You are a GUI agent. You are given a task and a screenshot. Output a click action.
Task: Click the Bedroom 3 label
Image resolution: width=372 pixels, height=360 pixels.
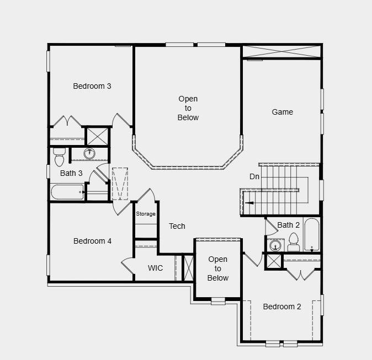[x=92, y=86]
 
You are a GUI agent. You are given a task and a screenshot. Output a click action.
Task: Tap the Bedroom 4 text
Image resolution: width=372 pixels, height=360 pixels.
[x=92, y=241]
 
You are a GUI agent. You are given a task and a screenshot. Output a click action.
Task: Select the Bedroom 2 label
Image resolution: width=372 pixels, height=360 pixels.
[x=281, y=307]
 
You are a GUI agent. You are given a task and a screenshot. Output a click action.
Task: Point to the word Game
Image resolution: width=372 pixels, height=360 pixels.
[x=282, y=112]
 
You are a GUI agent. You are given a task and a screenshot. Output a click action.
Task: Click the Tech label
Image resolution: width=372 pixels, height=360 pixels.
[x=177, y=226]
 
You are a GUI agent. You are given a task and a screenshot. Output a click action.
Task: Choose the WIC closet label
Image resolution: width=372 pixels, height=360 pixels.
[x=155, y=268]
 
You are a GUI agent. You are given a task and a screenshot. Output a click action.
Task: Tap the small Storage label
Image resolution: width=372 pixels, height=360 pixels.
[x=146, y=214]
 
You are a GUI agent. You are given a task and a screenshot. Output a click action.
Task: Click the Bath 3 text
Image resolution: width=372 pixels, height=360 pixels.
[x=71, y=173]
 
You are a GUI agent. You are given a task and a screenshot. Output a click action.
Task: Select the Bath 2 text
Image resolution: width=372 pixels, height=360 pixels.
[x=288, y=225]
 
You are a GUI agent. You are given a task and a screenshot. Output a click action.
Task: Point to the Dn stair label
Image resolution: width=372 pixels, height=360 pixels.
[x=254, y=176]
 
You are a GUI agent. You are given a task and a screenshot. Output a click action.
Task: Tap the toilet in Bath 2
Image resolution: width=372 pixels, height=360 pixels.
[x=293, y=243]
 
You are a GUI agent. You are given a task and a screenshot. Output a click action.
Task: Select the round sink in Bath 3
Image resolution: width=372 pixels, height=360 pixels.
[x=89, y=153]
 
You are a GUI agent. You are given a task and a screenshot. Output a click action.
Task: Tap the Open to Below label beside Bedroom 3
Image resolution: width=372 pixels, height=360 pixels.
[x=188, y=108]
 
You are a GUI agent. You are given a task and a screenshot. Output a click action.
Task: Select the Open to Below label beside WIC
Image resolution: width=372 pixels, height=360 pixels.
[x=217, y=268]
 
